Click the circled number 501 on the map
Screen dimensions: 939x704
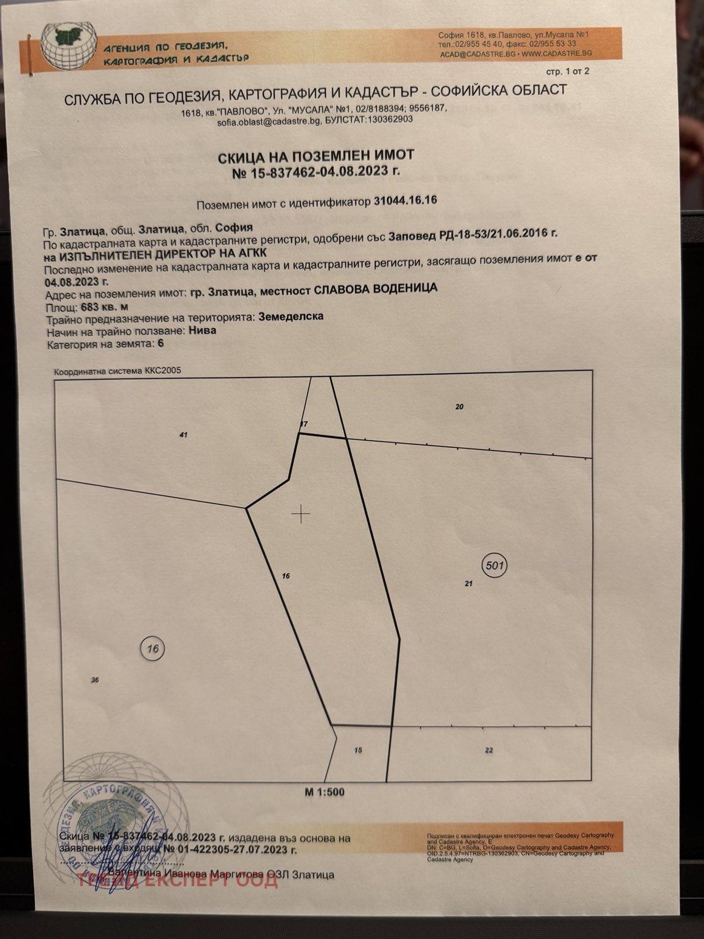(494, 566)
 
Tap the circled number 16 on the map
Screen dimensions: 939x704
(153, 648)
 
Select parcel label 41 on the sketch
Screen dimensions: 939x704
(184, 435)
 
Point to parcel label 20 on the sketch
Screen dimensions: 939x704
(459, 407)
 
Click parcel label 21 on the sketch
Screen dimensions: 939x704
(468, 584)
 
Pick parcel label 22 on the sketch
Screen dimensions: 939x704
(489, 750)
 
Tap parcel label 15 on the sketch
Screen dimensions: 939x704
(358, 750)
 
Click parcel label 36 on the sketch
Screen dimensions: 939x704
(95, 680)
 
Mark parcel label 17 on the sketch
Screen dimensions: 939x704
(303, 424)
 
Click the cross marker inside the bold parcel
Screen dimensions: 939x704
(301, 514)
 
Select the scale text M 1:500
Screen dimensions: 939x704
(324, 792)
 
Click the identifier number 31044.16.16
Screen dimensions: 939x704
(405, 201)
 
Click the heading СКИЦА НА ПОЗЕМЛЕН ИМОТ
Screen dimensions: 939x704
(316, 156)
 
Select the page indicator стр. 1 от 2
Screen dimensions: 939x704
(567, 72)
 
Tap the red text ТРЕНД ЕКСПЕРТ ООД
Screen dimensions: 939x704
(177, 880)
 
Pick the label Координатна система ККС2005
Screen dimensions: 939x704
(117, 371)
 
